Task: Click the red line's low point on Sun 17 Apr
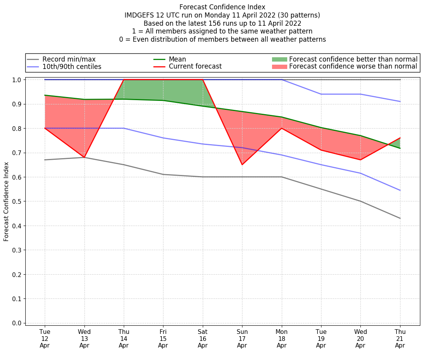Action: [x=242, y=164]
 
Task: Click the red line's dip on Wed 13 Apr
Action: [x=84, y=157]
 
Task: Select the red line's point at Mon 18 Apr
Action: [x=281, y=128]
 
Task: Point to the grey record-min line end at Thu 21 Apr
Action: [x=400, y=218]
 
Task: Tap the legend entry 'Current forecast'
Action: [x=195, y=66]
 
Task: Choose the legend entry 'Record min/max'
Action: [x=69, y=59]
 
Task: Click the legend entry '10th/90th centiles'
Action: [x=72, y=67]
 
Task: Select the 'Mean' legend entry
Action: [x=177, y=59]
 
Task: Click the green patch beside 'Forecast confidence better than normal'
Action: [x=279, y=59]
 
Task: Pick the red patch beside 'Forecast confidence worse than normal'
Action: [x=279, y=67]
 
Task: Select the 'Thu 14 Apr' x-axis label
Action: [x=124, y=339]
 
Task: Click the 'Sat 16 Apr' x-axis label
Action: [x=202, y=339]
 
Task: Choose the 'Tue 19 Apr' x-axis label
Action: [x=321, y=339]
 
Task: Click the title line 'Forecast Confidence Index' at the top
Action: [x=222, y=7]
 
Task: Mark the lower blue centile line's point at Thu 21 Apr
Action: [x=400, y=190]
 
